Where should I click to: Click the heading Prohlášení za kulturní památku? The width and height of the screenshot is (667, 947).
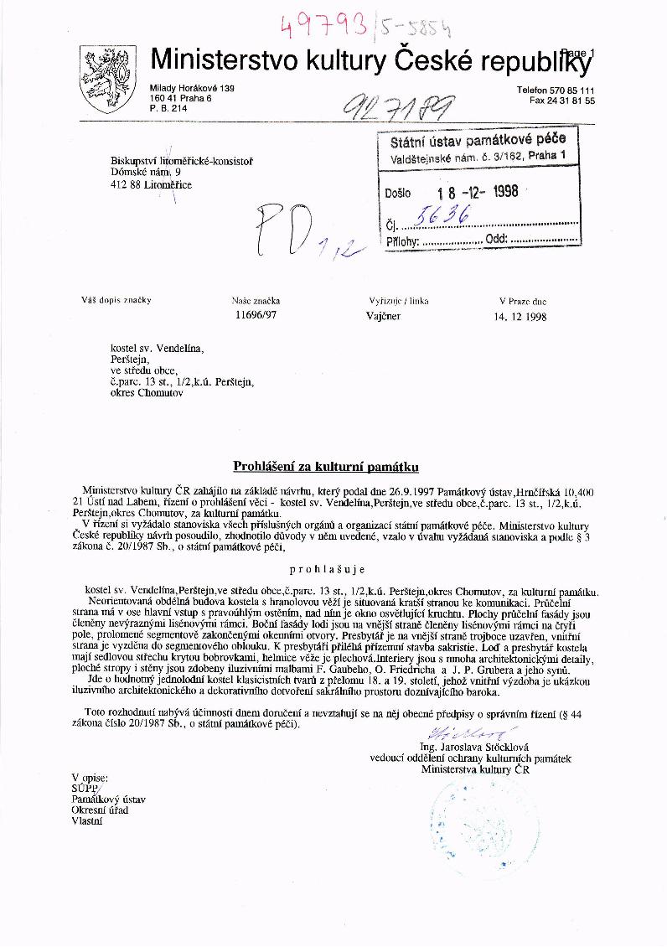pyautogui.click(x=324, y=465)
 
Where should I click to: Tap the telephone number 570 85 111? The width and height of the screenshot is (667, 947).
pyautogui.click(x=566, y=90)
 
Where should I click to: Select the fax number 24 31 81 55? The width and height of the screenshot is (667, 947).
pyautogui.click(x=571, y=101)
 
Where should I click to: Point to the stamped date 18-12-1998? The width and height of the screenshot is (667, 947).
pyautogui.click(x=471, y=191)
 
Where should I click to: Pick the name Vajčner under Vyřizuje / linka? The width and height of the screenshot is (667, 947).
pyautogui.click(x=384, y=318)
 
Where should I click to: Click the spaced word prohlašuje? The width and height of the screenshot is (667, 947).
pyautogui.click(x=324, y=567)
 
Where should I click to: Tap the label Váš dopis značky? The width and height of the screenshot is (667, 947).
pyautogui.click(x=116, y=300)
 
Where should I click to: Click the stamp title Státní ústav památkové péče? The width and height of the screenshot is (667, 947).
pyautogui.click(x=478, y=140)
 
